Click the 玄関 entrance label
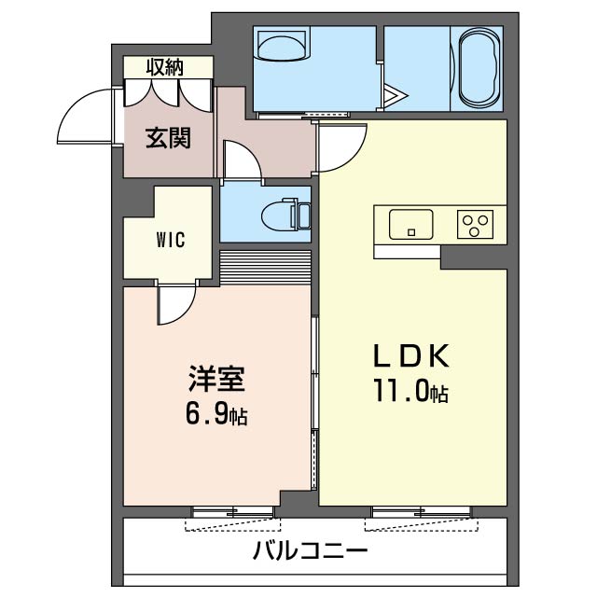click(168, 138)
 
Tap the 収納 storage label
click(165, 67)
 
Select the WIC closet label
click(171, 240)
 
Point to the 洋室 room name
click(216, 379)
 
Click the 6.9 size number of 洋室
click(209, 414)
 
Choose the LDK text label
click(411, 355)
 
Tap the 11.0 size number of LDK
click(401, 391)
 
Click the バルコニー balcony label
click(311, 550)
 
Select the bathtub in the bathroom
click(479, 68)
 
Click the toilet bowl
click(281, 216)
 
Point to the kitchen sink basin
click(410, 224)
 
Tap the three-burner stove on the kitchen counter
click(475, 224)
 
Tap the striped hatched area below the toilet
click(265, 268)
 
